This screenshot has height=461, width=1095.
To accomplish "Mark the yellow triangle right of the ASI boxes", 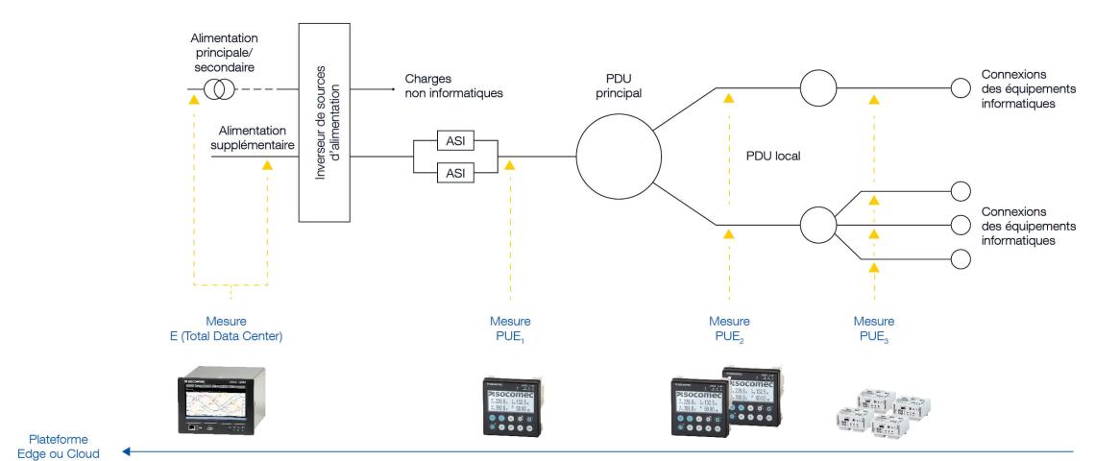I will pyautogui.click(x=510, y=165).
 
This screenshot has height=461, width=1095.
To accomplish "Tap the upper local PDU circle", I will pyautogui.click(x=819, y=89).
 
